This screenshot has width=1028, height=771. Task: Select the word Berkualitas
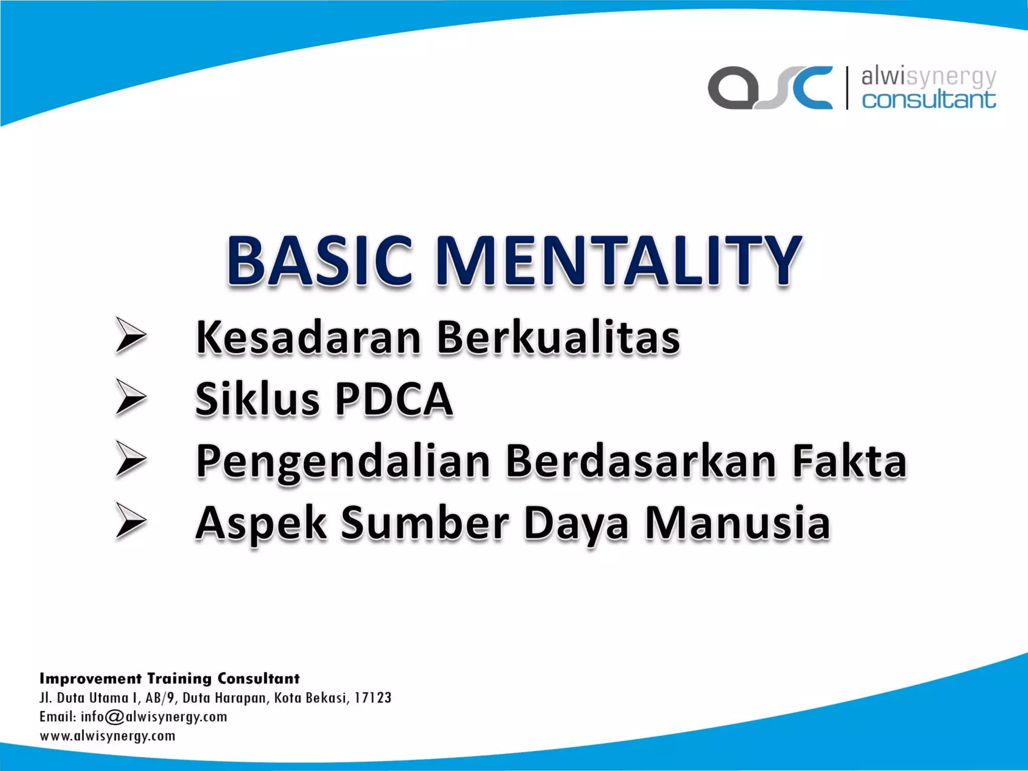point(558,337)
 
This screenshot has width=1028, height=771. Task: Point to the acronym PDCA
point(394,400)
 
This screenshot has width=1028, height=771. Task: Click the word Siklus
point(258,400)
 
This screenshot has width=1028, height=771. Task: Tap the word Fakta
point(849,461)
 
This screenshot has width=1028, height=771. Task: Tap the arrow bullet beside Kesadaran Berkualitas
point(131,335)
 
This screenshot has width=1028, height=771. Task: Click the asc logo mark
point(770,88)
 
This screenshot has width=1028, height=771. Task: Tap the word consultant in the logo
point(929,99)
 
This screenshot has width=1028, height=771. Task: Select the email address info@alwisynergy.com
point(154,717)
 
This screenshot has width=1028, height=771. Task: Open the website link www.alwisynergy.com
point(107,736)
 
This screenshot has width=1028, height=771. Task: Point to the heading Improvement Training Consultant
point(170,679)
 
